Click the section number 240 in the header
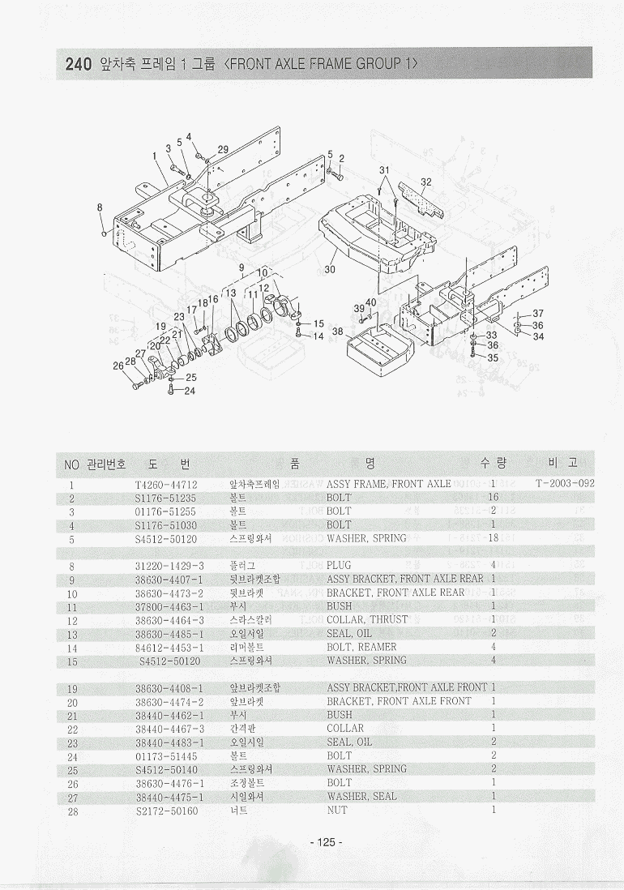tap(75, 64)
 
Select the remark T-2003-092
tap(565, 484)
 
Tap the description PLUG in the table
tap(339, 565)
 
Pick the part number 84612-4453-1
tap(169, 648)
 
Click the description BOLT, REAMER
tap(361, 648)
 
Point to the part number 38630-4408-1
tap(169, 688)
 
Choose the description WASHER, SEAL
tap(361, 797)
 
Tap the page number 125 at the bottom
tap(326, 842)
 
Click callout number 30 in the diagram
tap(330, 269)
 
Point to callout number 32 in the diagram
tap(426, 182)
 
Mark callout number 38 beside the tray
tap(337, 332)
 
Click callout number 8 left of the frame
tap(100, 207)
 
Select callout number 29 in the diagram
tap(223, 149)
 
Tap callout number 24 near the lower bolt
tap(190, 391)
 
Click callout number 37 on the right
tap(538, 314)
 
